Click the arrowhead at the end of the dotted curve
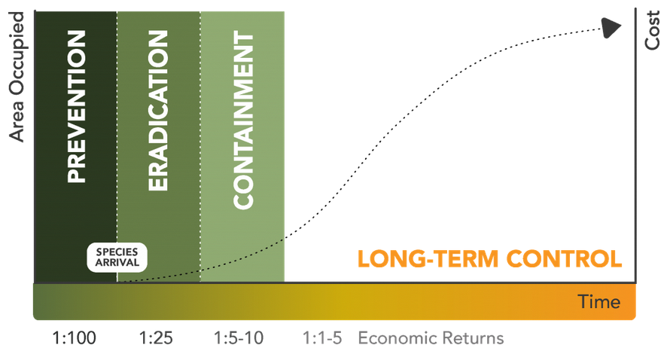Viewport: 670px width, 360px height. click(611, 27)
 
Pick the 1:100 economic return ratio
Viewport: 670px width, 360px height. click(75, 337)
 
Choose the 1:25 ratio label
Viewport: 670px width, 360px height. click(157, 337)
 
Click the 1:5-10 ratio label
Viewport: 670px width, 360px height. click(239, 337)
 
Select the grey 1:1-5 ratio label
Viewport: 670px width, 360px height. click(322, 337)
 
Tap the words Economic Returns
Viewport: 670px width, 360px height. click(431, 337)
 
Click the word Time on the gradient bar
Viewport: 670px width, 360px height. click(599, 302)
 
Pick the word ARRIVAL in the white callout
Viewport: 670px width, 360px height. click(117, 264)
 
